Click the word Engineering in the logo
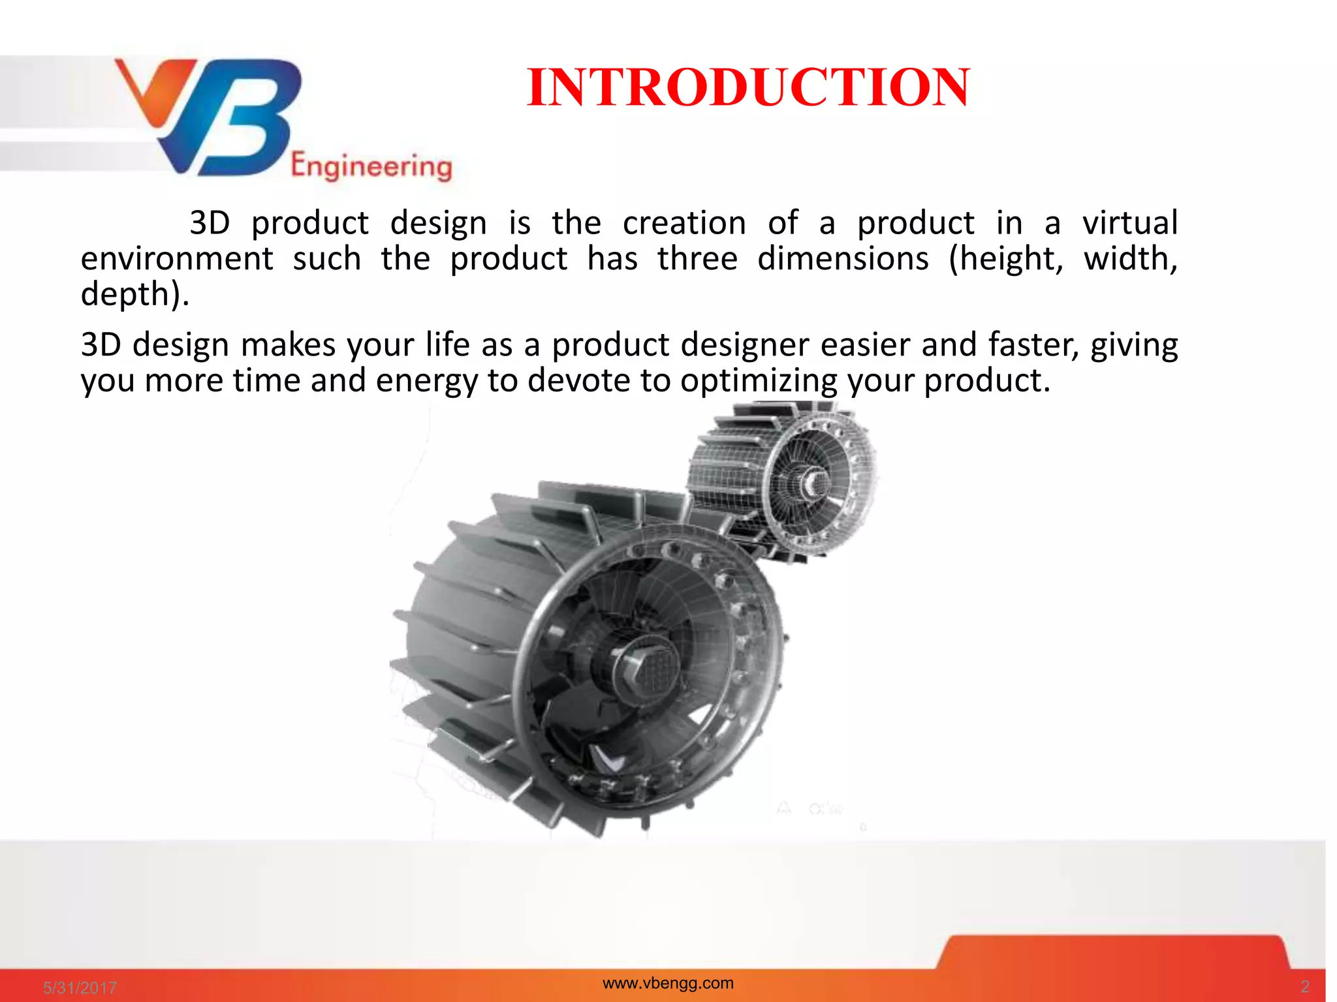click(371, 166)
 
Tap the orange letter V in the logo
click(153, 91)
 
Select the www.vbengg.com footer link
click(668, 983)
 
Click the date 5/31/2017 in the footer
click(80, 988)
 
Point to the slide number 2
click(1304, 986)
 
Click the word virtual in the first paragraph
click(1129, 223)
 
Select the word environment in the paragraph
click(176, 259)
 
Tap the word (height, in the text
click(1005, 259)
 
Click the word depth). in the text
click(134, 294)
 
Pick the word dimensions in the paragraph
click(843, 259)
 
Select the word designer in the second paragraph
click(745, 345)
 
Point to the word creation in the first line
click(684, 223)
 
